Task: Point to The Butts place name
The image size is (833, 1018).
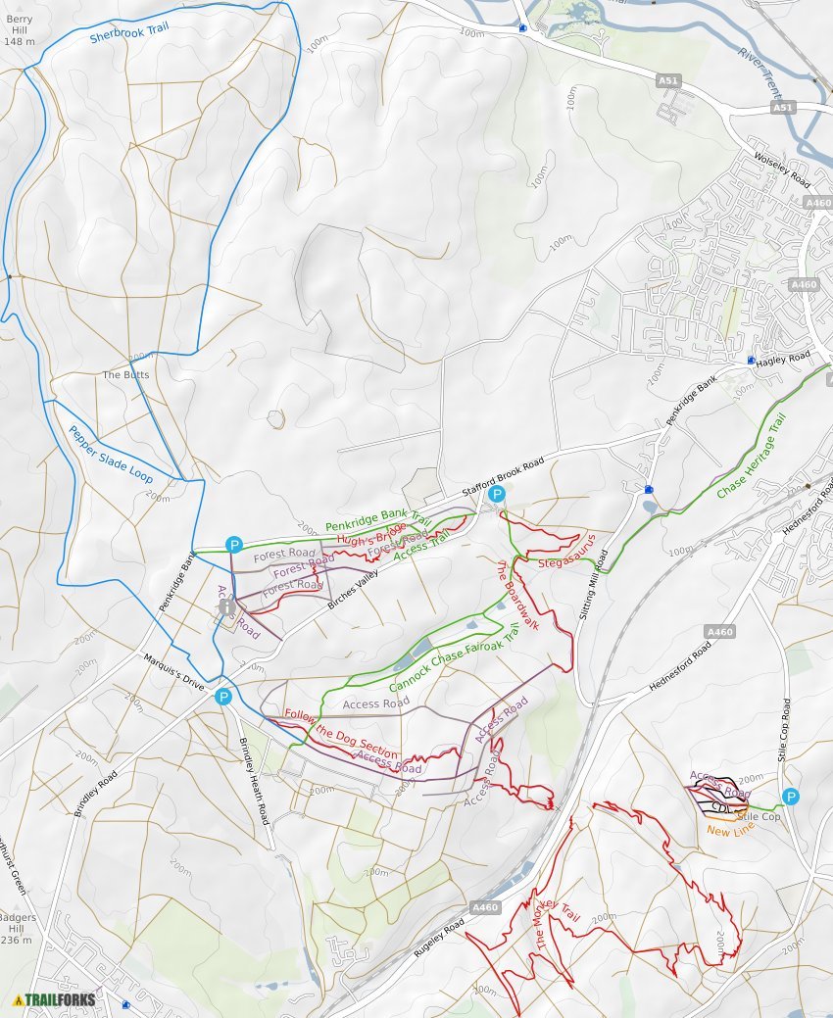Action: (x=124, y=375)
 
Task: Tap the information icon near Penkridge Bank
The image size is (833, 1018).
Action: (x=228, y=607)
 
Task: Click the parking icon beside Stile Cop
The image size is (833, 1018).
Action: (x=790, y=797)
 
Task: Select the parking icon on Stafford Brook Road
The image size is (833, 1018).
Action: (x=497, y=494)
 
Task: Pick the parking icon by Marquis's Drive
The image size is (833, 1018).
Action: (x=223, y=697)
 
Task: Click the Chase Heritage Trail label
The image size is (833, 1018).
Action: (x=752, y=456)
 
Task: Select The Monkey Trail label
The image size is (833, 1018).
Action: (x=558, y=924)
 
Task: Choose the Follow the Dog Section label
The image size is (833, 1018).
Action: (x=341, y=734)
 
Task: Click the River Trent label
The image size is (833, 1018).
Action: (x=760, y=74)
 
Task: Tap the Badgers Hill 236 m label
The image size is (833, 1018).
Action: (x=19, y=928)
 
